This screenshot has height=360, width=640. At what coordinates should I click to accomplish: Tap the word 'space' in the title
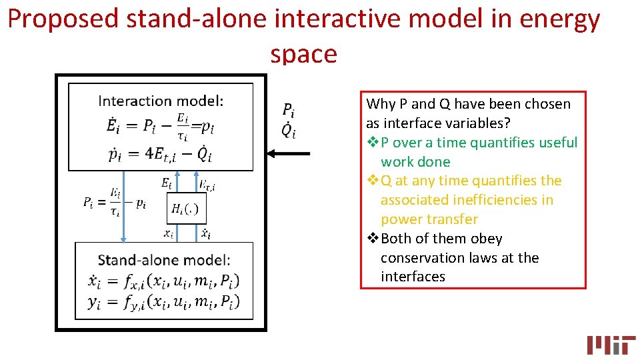[x=304, y=53]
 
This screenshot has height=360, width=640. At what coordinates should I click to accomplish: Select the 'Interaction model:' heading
[x=161, y=101]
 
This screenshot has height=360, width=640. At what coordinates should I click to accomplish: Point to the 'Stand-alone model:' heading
[x=164, y=260]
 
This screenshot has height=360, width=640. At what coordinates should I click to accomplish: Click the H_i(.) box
[x=185, y=209]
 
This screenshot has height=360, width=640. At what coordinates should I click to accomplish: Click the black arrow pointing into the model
[x=288, y=154]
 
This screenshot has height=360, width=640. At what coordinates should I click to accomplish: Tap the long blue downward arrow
[x=123, y=206]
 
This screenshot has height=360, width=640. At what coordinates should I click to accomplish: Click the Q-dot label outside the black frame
[x=288, y=131]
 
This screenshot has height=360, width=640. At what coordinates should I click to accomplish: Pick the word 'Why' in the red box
[x=381, y=104]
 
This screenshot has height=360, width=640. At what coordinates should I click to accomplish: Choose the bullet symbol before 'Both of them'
[x=373, y=239]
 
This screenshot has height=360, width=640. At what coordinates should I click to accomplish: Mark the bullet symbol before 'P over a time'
[x=373, y=143]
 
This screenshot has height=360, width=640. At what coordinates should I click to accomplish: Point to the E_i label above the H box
[x=167, y=183]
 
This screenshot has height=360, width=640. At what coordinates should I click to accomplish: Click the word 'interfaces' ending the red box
[x=413, y=277]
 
